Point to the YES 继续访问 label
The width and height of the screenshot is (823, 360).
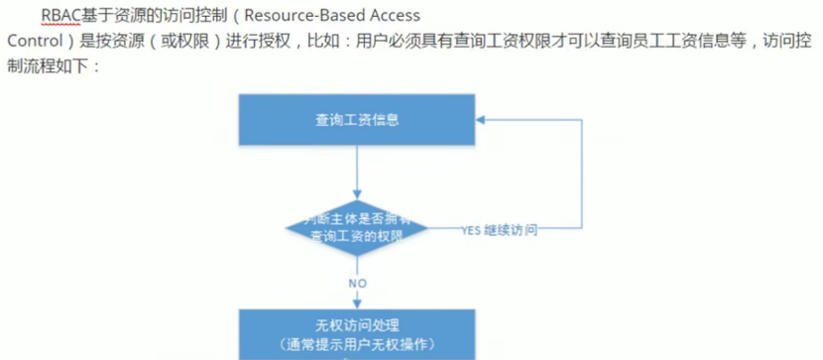[x=500, y=230]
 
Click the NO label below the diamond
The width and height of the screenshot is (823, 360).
[x=357, y=283]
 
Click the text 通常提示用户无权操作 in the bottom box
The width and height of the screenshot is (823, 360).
[x=357, y=342]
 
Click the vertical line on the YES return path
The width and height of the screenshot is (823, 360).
[x=577, y=174]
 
